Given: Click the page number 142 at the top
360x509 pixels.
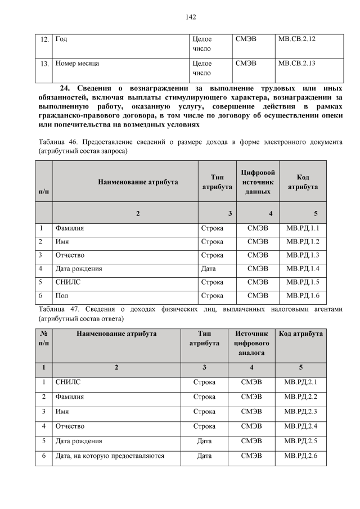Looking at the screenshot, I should (190, 17).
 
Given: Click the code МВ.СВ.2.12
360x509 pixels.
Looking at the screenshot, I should (296, 39).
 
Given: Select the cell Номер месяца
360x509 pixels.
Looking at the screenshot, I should (77, 64).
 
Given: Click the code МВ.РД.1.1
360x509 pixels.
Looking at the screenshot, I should (303, 228).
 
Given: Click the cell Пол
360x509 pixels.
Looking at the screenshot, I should (61, 295).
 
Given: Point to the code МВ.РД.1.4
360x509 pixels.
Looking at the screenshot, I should (303, 268).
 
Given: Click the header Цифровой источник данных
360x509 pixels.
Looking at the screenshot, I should (256, 182).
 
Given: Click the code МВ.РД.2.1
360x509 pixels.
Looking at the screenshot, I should (301, 382).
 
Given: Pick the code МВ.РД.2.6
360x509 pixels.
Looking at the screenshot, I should (301, 456).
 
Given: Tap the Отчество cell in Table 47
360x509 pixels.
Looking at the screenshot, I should (70, 426).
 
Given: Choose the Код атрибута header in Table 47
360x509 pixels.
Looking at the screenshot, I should (301, 334).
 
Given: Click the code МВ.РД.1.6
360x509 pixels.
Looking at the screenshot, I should (303, 295).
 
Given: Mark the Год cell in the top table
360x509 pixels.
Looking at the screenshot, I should (62, 39).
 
